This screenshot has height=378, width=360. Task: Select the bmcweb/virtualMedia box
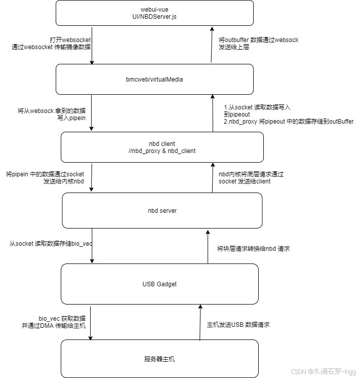[x=154, y=80]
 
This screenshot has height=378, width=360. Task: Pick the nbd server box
[x=162, y=210]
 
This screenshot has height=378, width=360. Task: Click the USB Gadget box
[x=159, y=284]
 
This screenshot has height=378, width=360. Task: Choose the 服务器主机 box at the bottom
[x=159, y=359]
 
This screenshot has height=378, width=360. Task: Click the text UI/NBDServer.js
[x=154, y=17]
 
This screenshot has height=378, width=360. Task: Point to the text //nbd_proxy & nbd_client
[x=162, y=151]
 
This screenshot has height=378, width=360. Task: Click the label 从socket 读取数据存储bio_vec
[x=51, y=244]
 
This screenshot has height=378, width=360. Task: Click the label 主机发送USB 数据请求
[x=238, y=324]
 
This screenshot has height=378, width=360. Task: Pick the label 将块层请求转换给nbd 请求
[x=253, y=249]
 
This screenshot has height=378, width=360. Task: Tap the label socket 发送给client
[x=245, y=181]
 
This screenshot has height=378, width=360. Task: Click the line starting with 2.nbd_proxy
[x=289, y=122]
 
